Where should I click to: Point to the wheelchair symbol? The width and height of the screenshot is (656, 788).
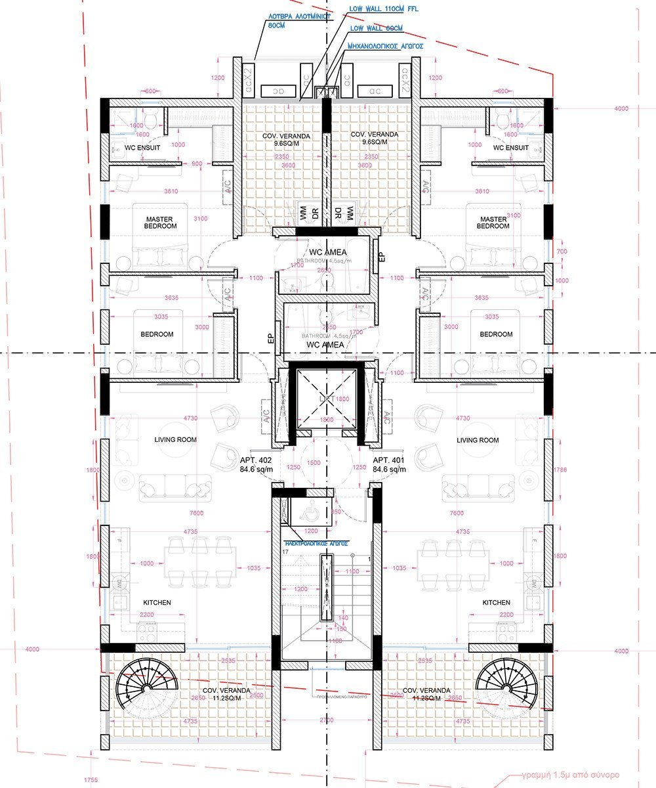tap(308, 512)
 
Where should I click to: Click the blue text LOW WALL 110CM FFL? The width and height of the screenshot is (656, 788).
tap(384, 9)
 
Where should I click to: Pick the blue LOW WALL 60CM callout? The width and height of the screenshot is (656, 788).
tap(376, 28)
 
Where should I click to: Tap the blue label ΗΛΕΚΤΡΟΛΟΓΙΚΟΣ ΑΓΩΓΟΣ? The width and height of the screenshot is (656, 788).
tap(316, 544)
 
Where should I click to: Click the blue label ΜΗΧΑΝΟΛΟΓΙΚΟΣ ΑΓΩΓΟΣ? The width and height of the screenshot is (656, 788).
tap(386, 47)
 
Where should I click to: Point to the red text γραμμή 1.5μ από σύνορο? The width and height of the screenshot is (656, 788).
tap(570, 774)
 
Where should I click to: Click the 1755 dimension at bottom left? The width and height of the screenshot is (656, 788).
tap(91, 780)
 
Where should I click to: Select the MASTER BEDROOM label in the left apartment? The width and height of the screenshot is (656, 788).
tap(161, 223)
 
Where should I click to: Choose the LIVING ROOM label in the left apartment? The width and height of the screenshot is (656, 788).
tap(175, 440)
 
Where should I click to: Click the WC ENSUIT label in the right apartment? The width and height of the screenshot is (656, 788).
tap(511, 148)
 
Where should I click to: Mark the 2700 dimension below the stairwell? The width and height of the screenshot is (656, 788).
tap(326, 720)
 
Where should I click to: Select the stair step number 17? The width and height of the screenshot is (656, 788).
tap(285, 552)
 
